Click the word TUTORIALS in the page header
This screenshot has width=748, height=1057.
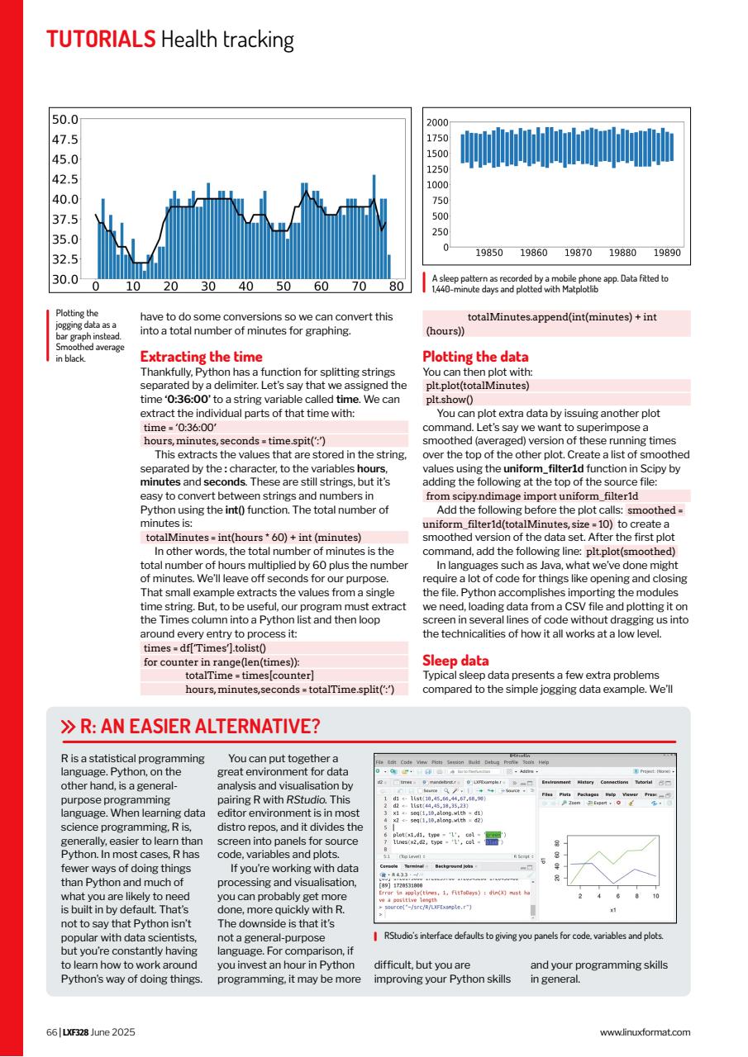100,39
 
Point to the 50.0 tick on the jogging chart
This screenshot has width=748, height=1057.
64,120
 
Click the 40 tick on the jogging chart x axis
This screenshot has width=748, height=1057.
245,287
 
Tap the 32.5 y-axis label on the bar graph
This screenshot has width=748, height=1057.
64,259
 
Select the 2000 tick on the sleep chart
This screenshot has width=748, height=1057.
436,122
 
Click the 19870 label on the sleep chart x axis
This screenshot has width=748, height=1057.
577,254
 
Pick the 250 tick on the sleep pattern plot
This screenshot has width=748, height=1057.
439,232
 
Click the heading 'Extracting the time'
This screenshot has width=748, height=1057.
201,357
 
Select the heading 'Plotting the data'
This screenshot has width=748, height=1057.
474,357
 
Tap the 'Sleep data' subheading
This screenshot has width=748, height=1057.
455,661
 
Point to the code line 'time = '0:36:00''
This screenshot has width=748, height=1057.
174,428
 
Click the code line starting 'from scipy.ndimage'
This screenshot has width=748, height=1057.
531,496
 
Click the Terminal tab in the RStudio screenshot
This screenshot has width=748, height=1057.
414,866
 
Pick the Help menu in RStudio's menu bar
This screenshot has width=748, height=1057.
544,761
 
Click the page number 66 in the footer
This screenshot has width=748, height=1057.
51,1031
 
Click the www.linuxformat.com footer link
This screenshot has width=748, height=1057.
645,1031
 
